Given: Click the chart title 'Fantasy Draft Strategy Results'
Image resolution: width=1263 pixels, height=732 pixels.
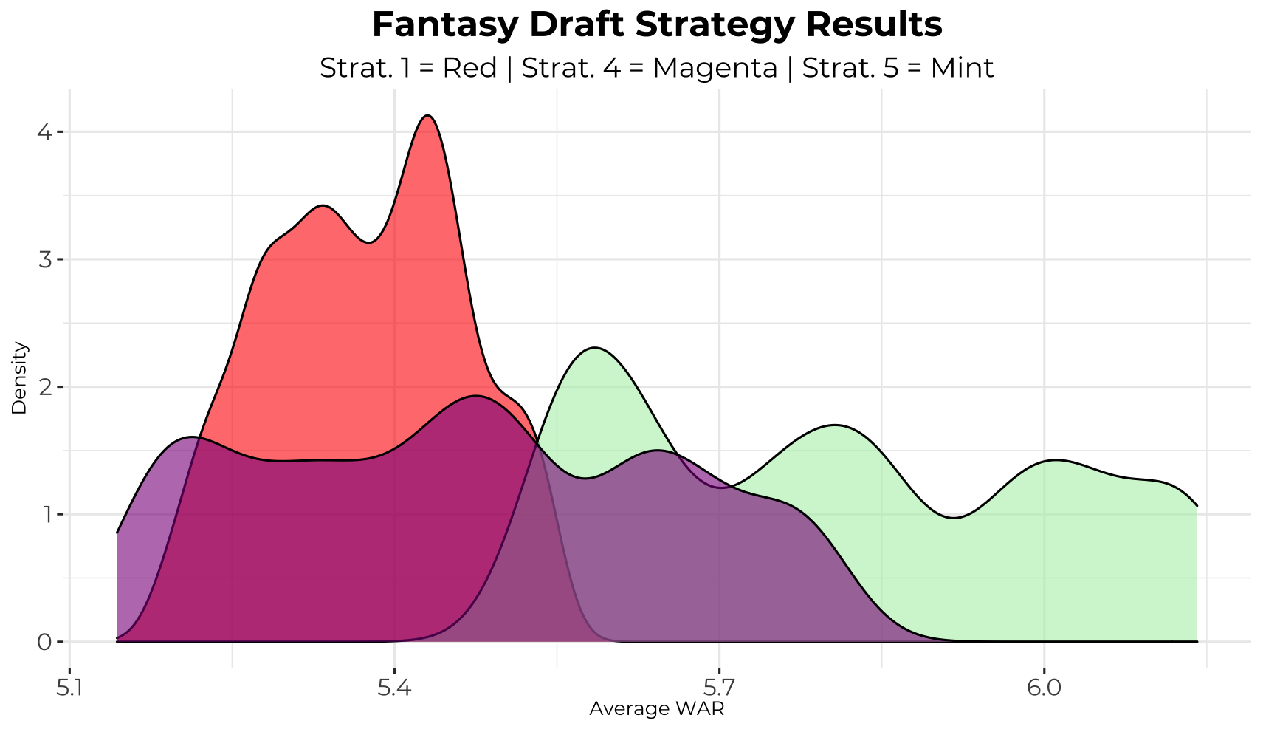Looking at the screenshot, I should (656, 25).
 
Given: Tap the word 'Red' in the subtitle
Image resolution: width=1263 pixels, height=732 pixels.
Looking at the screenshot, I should (469, 68).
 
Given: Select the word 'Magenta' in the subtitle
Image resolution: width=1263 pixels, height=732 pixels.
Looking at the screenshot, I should (715, 68).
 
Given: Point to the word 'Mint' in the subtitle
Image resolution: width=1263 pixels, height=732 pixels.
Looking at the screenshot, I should (961, 68).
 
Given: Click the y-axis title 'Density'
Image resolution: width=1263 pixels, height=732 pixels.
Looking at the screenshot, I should (20, 377).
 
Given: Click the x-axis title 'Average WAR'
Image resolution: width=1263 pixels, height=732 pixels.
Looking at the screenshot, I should (656, 710).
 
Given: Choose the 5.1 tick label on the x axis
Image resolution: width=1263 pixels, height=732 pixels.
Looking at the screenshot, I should (69, 688).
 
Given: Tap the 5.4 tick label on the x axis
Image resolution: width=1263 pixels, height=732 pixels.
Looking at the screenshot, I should (394, 688).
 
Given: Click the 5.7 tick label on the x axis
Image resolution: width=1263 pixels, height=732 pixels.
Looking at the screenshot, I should (719, 688).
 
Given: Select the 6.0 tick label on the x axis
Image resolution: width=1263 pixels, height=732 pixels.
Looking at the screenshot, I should (1044, 688).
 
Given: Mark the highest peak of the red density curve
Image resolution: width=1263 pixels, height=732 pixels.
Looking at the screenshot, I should (427, 116).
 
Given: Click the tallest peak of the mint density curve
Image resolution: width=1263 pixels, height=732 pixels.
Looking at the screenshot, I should (594, 347).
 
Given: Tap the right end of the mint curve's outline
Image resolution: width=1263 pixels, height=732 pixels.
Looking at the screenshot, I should (1197, 506).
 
